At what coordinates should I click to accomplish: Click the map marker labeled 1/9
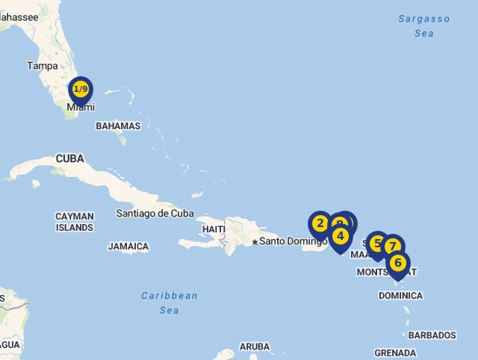coord(81,90)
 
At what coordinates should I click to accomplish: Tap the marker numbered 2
coord(320,223)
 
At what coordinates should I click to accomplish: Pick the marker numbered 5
coord(377,243)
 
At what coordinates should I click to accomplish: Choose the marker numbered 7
coord(393,246)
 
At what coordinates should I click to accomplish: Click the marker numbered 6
coord(398,263)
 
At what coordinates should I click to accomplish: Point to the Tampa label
coord(43,66)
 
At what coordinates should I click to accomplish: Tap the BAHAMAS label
coord(118,126)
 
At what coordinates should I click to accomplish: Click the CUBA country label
coord(69,158)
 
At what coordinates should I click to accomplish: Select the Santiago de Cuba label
coord(155,214)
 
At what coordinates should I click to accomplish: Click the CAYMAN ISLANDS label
coord(75,222)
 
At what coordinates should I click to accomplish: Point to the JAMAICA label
coord(128,246)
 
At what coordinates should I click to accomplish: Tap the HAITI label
coord(214,229)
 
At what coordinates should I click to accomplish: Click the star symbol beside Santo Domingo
coord(255,241)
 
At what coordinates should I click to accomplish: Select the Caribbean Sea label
coord(170,302)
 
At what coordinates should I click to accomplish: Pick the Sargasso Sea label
coord(424,26)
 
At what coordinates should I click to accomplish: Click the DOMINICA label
coord(400,296)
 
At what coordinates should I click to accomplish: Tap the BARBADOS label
coord(432,335)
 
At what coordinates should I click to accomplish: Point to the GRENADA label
coord(395,353)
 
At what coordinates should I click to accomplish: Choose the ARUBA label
coord(255,347)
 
